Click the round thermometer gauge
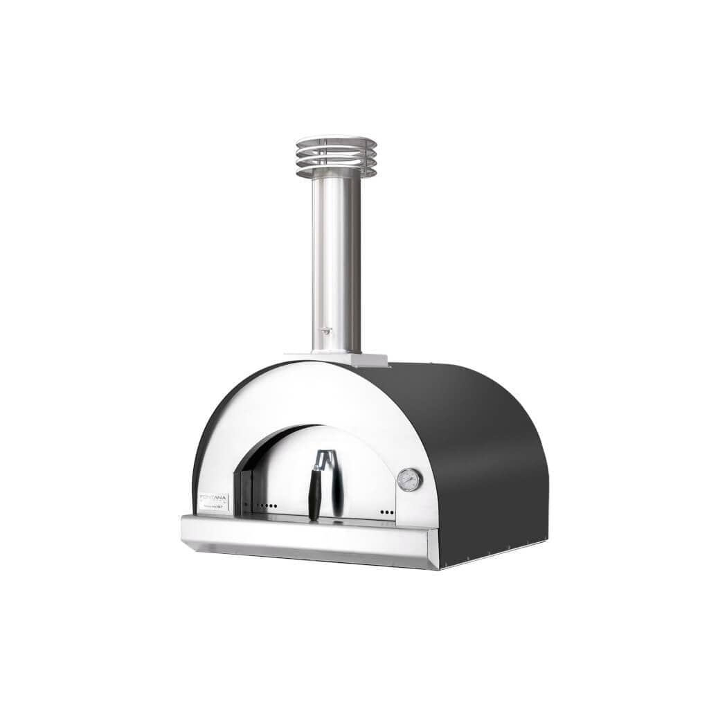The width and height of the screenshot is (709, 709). coord(409,480)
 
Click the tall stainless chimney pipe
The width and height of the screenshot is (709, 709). coord(336,263)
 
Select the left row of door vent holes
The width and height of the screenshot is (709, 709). coord(267,505)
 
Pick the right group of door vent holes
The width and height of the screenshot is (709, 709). coord(386,512)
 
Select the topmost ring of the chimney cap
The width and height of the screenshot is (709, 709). coord(336,140)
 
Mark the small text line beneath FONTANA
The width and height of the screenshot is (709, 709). coord(213,508)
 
